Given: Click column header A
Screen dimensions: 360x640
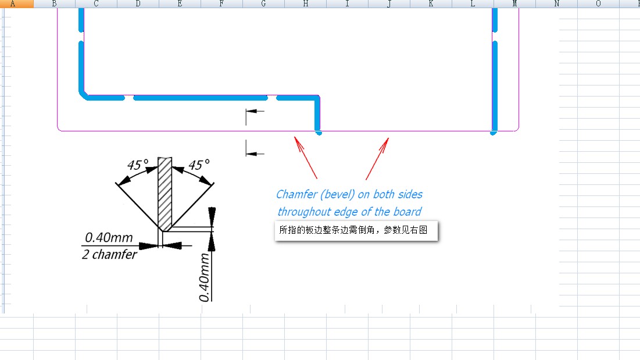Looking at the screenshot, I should tap(13, 3).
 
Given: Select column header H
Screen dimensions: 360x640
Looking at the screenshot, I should tap(305, 3).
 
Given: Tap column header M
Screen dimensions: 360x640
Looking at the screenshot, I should tap(514, 3).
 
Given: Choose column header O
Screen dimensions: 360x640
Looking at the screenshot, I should tap(598, 3).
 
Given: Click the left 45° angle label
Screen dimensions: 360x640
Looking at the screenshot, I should tap(138, 165).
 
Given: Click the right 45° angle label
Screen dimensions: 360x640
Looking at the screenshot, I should tap(199, 165).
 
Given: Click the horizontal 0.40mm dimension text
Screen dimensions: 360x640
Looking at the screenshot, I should tap(109, 237).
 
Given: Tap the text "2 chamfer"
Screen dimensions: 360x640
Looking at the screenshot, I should tap(109, 254).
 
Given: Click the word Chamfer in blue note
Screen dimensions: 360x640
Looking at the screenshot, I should tap(297, 194).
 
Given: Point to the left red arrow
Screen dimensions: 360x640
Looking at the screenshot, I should tap(306, 158).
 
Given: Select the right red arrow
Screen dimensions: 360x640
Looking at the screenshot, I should tap(377, 158).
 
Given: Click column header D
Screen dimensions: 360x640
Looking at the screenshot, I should tap(138, 3).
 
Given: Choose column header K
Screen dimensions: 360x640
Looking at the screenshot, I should tap(431, 3).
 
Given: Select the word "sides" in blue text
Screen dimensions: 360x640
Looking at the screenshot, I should tap(410, 194).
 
